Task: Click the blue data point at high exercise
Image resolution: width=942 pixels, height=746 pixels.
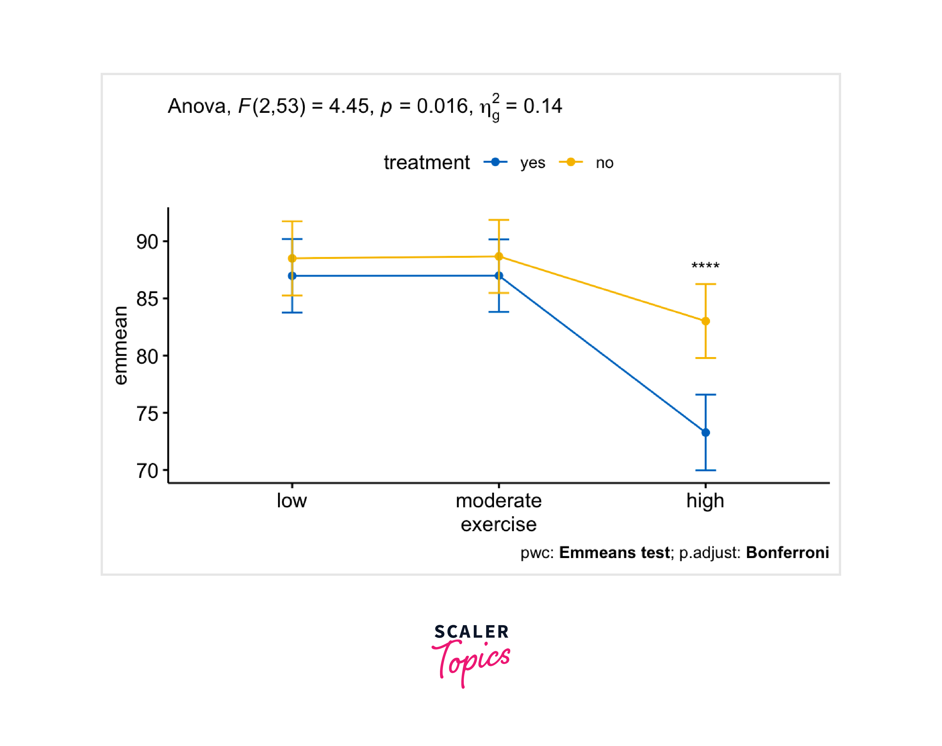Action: (x=706, y=432)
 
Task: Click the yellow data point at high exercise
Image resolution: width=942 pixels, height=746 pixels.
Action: (x=706, y=321)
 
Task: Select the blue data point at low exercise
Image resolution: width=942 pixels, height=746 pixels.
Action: (x=292, y=276)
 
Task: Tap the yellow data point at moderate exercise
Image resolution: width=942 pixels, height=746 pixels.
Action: (x=499, y=256)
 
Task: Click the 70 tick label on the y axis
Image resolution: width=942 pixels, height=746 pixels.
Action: (x=147, y=471)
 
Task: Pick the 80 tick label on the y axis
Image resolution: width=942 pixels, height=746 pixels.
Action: (x=147, y=357)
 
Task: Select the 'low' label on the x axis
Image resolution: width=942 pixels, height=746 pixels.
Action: (x=292, y=501)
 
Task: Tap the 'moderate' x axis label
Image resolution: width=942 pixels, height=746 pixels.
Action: (x=499, y=501)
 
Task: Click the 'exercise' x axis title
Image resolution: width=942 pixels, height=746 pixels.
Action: (x=499, y=525)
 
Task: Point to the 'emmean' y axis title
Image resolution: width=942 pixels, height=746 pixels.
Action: (x=120, y=345)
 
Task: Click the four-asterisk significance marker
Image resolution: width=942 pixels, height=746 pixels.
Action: (x=706, y=266)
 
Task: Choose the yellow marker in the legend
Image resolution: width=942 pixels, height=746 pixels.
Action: (x=571, y=162)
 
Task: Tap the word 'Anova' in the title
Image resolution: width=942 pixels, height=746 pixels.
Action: (x=197, y=106)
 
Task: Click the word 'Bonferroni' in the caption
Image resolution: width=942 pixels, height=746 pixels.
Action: (x=787, y=553)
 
